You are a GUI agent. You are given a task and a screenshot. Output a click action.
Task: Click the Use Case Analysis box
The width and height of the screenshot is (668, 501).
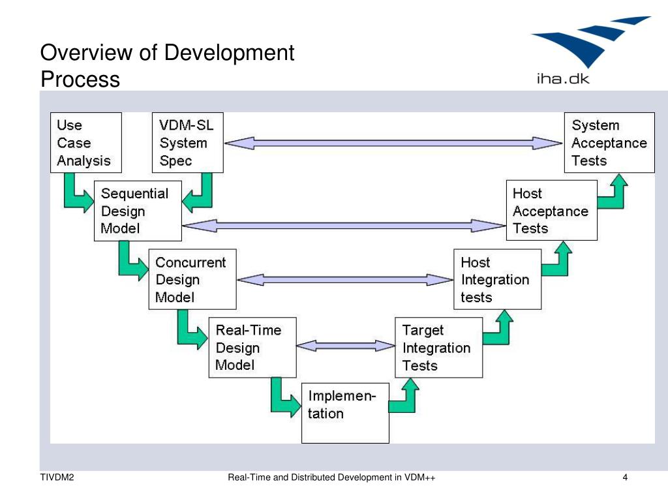[x=86, y=143]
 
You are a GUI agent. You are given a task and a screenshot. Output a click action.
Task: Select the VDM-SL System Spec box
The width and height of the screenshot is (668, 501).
[x=188, y=143]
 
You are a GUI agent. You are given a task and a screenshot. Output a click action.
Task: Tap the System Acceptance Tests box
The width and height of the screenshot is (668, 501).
[x=609, y=143]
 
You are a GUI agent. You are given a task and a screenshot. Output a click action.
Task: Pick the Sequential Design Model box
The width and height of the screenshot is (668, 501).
[x=138, y=211]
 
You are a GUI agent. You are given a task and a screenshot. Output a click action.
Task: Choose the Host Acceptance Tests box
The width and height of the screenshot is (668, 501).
[x=552, y=211]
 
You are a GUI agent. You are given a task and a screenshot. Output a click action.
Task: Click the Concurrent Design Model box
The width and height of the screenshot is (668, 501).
[x=192, y=279]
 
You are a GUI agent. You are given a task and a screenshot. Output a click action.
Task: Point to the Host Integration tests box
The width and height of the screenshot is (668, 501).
[x=498, y=279]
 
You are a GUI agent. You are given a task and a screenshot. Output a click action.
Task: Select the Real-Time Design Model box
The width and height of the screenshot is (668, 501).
[x=252, y=348]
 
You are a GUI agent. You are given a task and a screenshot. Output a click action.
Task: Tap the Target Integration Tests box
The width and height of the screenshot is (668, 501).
[x=439, y=348]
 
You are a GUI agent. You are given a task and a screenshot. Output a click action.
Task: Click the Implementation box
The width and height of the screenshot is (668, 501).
[x=345, y=413]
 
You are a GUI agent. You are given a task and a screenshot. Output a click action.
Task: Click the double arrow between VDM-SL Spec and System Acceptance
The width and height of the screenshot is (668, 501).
[x=393, y=143]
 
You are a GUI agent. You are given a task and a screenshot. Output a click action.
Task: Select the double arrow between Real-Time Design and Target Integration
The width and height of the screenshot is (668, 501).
[x=346, y=346]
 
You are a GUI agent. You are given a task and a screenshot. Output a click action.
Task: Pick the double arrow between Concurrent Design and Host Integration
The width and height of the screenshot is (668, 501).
[x=345, y=280]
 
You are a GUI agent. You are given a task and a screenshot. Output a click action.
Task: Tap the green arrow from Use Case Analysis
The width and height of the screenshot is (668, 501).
[x=79, y=193]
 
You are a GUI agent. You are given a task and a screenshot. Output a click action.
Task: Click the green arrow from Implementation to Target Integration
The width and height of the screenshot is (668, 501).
[x=404, y=396]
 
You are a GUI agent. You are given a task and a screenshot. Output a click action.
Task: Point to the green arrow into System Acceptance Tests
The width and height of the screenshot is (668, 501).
[x=613, y=191]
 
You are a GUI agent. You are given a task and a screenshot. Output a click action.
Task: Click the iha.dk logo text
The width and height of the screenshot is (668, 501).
[x=563, y=79]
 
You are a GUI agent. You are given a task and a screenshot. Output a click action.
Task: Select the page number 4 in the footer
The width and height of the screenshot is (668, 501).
[x=625, y=478]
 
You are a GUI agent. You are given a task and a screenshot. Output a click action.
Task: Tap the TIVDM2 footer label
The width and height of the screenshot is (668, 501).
[x=57, y=478]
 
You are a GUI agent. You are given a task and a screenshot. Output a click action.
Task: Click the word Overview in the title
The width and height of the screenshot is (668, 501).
[x=87, y=52]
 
